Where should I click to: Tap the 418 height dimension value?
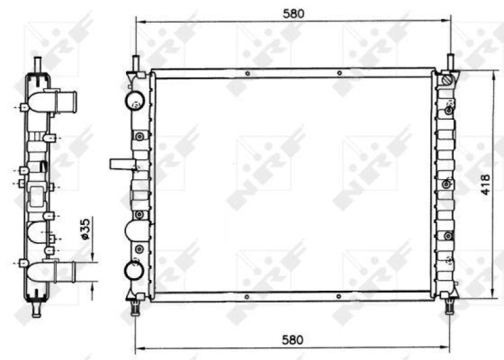click(x=484, y=183)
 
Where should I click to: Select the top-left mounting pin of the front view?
click(x=135, y=63)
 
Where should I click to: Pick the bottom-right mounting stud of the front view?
click(x=450, y=306)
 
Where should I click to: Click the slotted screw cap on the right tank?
click(x=447, y=81)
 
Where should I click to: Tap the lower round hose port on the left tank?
click(x=135, y=269)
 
